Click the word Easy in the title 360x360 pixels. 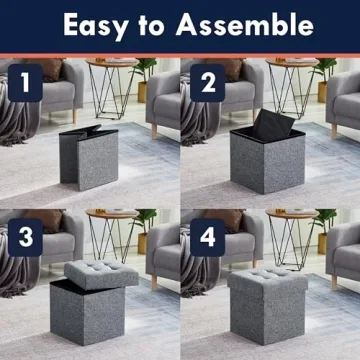(x=97, y=24)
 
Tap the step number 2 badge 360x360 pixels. (x=207, y=84)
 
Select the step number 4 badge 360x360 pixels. (x=207, y=237)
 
